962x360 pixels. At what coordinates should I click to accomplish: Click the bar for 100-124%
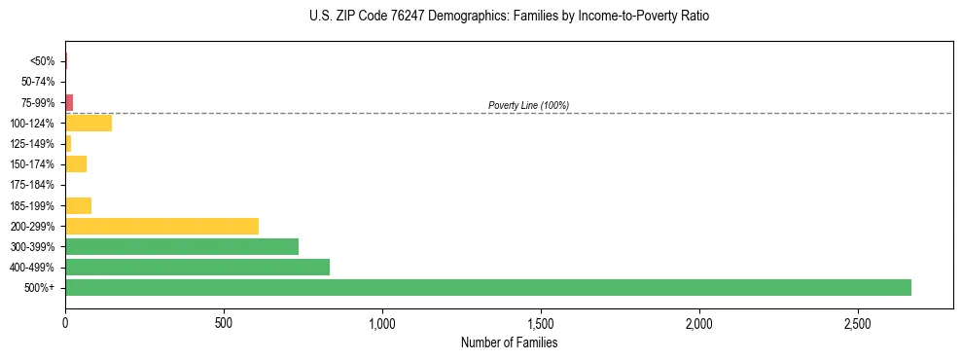tap(89, 123)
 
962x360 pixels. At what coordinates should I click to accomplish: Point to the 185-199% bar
tap(78, 205)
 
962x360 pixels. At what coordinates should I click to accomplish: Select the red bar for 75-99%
tap(69, 102)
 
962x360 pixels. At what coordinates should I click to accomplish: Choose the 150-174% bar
tap(76, 163)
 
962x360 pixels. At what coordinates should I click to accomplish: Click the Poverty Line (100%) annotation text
tap(528, 105)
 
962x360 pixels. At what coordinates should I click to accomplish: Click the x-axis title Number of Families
tap(510, 342)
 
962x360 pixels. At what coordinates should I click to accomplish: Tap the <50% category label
tap(43, 61)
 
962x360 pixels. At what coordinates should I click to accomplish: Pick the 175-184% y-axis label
tap(33, 185)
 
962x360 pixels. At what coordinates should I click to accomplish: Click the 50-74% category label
tap(38, 82)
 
